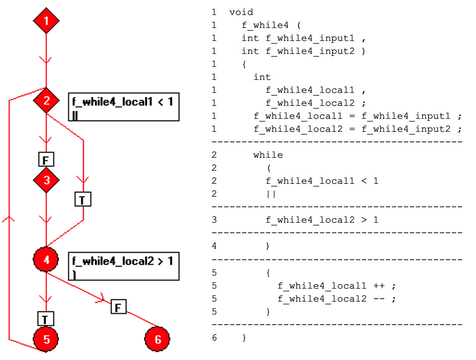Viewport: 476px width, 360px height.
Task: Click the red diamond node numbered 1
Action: tap(46, 21)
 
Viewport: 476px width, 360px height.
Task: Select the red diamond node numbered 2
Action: tap(46, 101)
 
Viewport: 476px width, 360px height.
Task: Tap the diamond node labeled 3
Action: tap(46, 180)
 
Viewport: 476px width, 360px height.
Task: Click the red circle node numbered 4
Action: tap(46, 260)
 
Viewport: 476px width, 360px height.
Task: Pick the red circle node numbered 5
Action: tap(46, 340)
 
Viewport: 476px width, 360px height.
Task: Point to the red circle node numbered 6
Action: tap(158, 340)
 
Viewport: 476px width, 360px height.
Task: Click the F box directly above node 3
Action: tap(46, 160)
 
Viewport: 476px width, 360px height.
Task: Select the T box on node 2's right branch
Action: tap(83, 200)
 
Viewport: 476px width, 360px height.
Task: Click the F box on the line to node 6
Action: tap(118, 307)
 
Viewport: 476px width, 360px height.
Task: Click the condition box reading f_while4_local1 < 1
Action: tap(123, 107)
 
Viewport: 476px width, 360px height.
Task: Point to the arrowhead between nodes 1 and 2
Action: tap(46, 60)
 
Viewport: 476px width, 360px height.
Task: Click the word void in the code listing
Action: tap(241, 12)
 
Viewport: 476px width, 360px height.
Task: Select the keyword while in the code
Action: tap(268, 155)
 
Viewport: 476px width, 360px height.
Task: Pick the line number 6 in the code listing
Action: tap(214, 338)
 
